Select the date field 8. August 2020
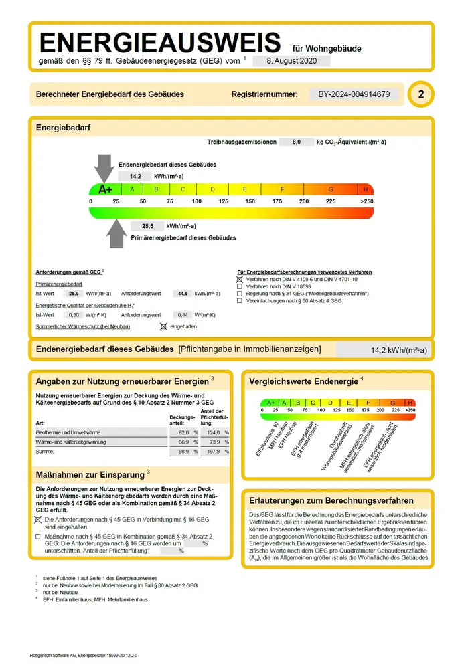(x=292, y=60)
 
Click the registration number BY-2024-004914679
(x=354, y=94)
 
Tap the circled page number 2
(x=420, y=94)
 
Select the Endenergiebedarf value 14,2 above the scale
(x=135, y=176)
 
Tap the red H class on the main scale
(x=366, y=189)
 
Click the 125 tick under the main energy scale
(x=224, y=201)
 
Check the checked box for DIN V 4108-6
(x=240, y=279)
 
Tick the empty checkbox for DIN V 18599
(x=240, y=286)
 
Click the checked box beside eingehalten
(x=163, y=326)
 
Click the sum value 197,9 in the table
(x=213, y=453)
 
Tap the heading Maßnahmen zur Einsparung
(x=90, y=474)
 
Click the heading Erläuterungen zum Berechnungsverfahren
(x=331, y=500)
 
